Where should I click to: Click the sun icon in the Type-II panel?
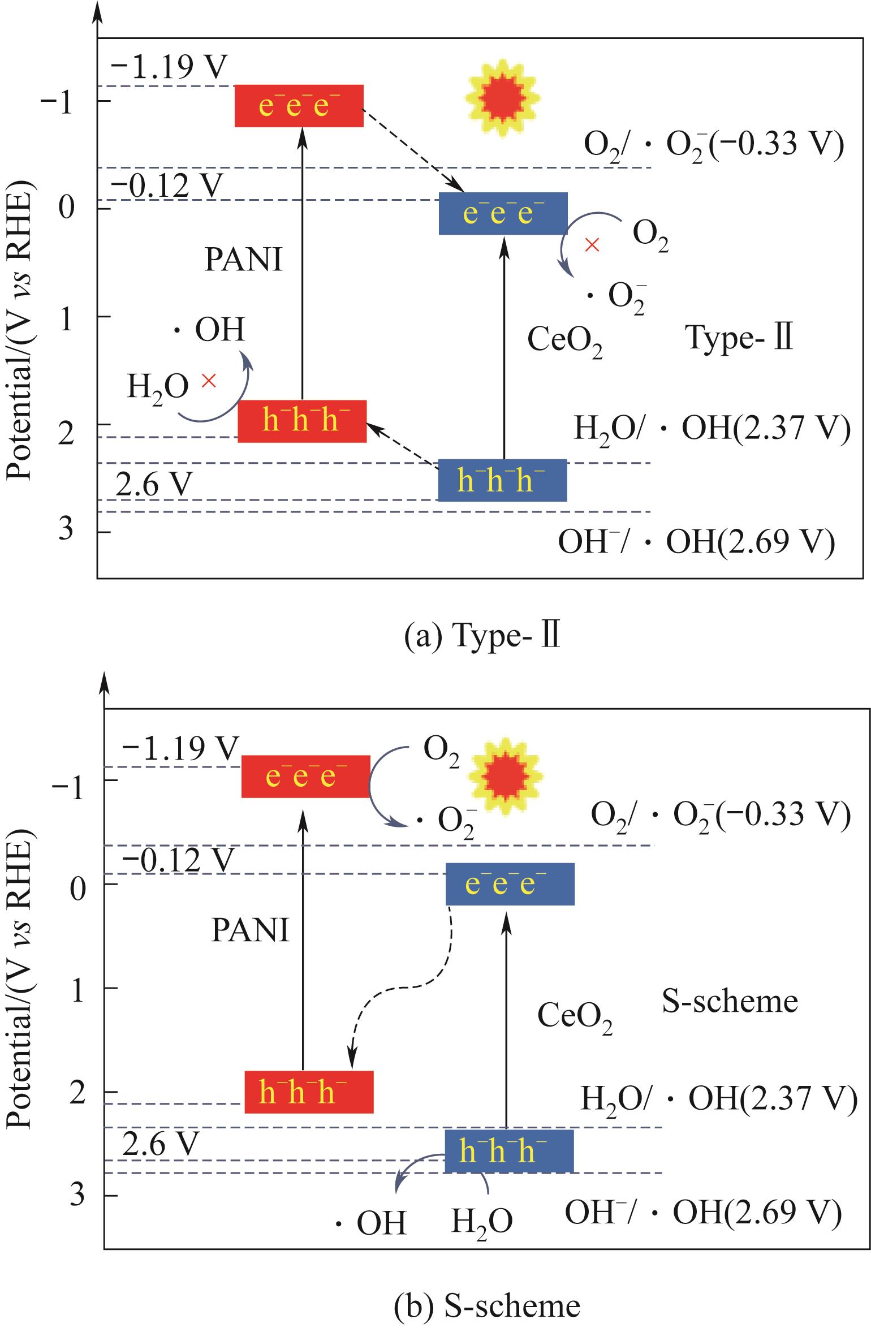pyautogui.click(x=501, y=100)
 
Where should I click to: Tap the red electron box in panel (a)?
pyautogui.click(x=299, y=106)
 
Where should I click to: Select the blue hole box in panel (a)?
pyautogui.click(x=502, y=480)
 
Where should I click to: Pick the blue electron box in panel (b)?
pyautogui.click(x=510, y=883)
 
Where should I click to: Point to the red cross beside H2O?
pyautogui.click(x=209, y=380)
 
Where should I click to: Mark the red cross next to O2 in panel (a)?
pyautogui.click(x=592, y=245)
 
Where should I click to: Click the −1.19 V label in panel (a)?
pyautogui.click(x=169, y=68)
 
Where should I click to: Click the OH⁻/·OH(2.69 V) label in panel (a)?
pyautogui.click(x=696, y=542)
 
